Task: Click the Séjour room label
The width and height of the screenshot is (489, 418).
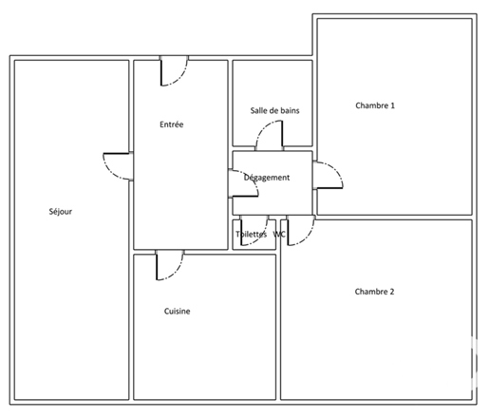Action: point(61,212)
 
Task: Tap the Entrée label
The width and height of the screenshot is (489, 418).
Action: point(172,124)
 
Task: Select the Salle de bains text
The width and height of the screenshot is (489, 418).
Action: point(274,110)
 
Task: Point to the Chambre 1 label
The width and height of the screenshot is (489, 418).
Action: point(375,105)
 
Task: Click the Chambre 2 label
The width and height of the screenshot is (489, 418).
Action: point(374,292)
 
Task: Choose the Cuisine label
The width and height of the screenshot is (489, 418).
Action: point(177,312)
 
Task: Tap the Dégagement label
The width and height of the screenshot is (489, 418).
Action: point(267,178)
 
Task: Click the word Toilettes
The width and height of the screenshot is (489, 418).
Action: point(251,235)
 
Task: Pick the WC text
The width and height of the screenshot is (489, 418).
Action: point(279,235)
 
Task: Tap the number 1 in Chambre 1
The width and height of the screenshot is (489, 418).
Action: point(392,105)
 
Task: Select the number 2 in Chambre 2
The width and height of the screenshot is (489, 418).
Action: point(392,292)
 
